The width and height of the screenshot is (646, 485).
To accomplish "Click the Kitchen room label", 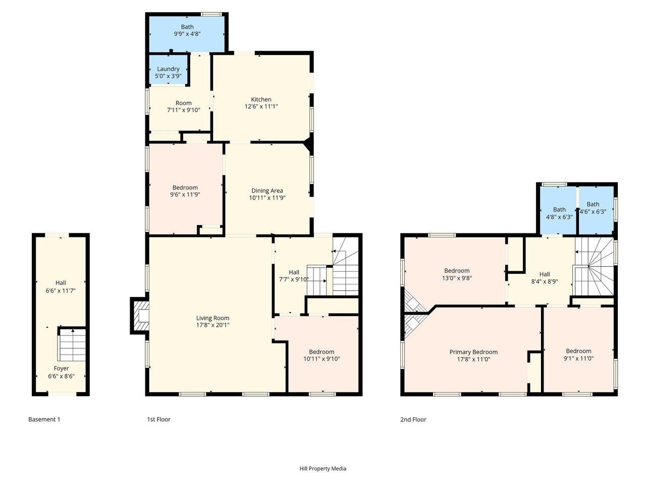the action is click(261, 100).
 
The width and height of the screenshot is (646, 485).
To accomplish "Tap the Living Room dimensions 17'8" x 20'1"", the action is click(213, 325).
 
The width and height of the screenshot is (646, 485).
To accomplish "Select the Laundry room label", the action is click(168, 69).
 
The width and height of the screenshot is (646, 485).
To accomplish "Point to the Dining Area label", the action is click(267, 191).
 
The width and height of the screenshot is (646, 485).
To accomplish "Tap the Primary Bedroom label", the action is click(473, 352).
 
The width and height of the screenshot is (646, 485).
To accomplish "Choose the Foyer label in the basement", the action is click(61, 368).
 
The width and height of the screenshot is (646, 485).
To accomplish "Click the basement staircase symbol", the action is click(72, 345).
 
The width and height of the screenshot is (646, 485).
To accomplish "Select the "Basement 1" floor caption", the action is click(44, 419).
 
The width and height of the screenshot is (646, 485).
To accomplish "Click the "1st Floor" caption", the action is click(158, 419).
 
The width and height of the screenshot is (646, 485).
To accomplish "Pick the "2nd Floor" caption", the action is click(413, 420).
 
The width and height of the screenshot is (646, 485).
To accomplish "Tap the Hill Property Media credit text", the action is click(323, 468).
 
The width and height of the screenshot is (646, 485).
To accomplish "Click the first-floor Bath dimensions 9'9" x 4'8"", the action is click(187, 34).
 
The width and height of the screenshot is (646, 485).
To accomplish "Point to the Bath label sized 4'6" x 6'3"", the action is click(593, 204).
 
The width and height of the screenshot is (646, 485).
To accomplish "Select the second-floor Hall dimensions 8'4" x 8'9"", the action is click(545, 281).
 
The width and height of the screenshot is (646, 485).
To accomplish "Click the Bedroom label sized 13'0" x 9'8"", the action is click(457, 271).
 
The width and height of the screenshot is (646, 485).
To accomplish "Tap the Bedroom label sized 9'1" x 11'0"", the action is click(578, 351).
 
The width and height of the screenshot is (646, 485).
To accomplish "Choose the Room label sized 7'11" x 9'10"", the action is click(183, 103).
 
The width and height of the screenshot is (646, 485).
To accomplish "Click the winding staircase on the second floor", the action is click(594, 267).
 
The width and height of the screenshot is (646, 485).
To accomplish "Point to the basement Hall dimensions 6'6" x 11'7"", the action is click(61, 290).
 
